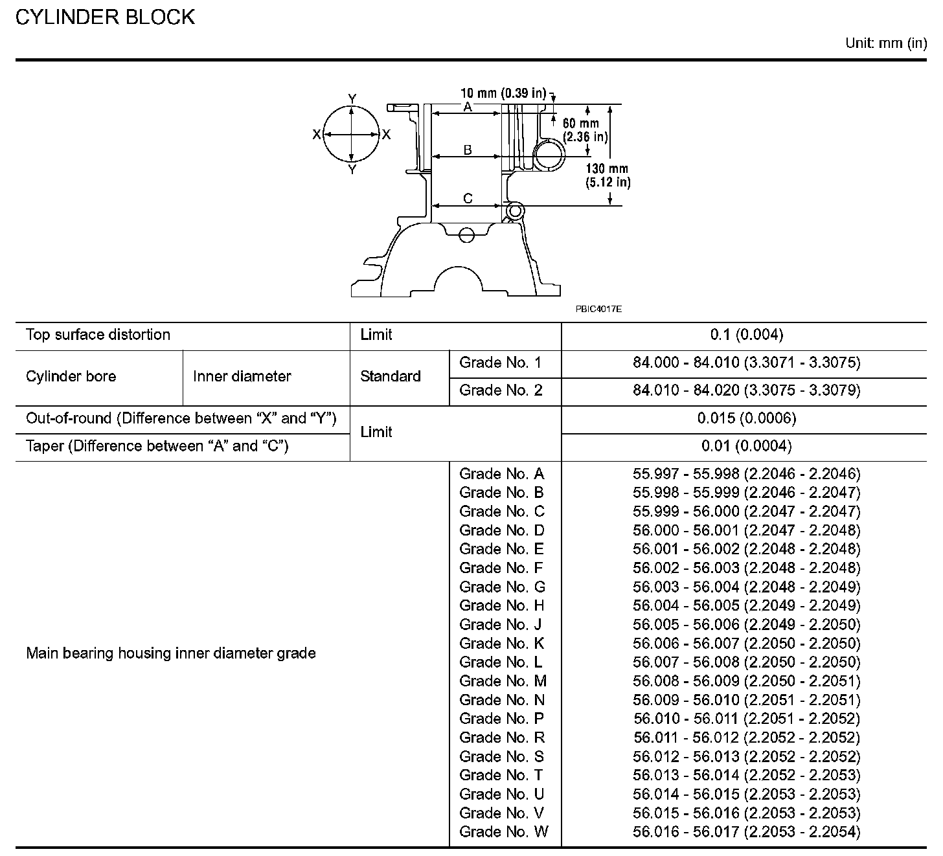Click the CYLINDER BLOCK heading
(105, 17)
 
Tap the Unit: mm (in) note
(885, 43)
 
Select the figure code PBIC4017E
(598, 310)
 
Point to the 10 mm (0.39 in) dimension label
(503, 93)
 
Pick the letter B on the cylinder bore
(468, 150)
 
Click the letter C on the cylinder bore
(468, 199)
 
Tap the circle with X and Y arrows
(351, 135)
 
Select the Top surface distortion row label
(98, 335)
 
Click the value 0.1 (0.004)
(746, 335)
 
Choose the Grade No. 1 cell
(500, 363)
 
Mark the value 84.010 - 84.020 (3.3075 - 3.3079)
(746, 390)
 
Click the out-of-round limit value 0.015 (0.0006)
(746, 418)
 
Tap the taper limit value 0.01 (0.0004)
(746, 446)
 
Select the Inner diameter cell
(242, 376)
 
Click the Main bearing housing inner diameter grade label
(171, 653)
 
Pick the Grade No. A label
(502, 474)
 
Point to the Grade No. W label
(503, 832)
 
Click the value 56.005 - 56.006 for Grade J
(746, 625)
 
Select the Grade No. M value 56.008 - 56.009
(746, 681)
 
